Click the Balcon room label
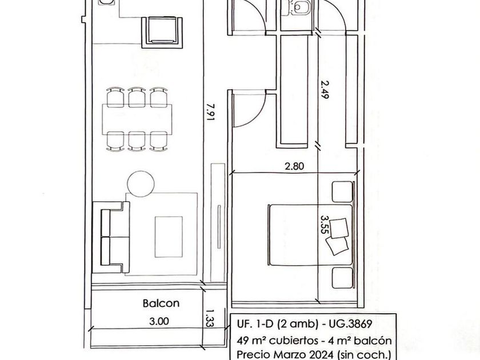161,303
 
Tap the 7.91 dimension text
211,112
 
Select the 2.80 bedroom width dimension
294,166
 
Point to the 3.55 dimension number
324,225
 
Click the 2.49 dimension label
324,89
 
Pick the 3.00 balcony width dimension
159,321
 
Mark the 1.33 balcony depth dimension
209,319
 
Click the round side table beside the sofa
141,184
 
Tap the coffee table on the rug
169,237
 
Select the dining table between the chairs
137,119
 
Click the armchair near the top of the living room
162,32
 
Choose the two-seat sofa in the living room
111,237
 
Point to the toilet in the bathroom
301,7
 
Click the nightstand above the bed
342,192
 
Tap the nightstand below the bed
342,278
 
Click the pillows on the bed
337,236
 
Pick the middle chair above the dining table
137,97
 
